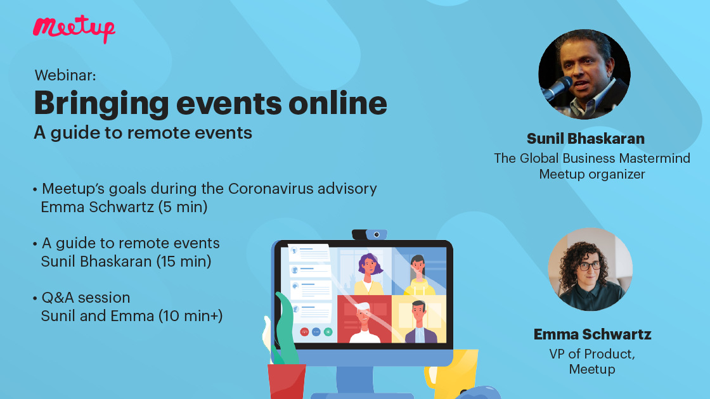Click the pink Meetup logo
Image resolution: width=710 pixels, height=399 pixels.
tap(74, 28)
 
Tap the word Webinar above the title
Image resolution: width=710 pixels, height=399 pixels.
tap(65, 75)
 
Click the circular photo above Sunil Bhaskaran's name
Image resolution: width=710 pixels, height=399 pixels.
tap(584, 74)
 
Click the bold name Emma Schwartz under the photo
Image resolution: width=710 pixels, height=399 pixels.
tap(592, 334)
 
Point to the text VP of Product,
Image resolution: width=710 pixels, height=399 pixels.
tap(592, 354)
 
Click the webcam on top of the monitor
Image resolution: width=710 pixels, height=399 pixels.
tap(370, 234)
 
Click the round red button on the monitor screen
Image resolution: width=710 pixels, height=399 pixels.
tap(304, 331)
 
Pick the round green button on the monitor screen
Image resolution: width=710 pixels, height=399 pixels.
tap(328, 331)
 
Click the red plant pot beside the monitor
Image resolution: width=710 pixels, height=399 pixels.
tap(286, 381)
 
